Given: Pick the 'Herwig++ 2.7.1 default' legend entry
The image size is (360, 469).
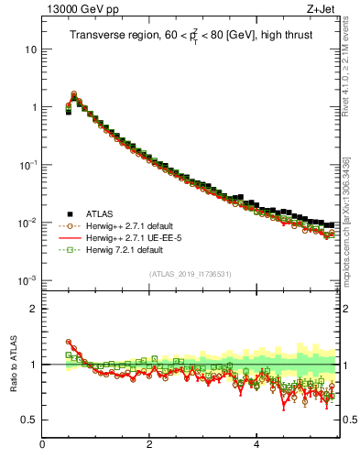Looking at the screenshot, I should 129,225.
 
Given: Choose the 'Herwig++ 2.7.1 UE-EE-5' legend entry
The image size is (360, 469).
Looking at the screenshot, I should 131,237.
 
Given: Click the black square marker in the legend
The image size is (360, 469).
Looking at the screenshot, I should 69,213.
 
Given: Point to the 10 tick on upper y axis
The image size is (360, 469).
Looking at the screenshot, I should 31,49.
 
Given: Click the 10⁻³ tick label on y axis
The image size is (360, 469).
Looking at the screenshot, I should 27,280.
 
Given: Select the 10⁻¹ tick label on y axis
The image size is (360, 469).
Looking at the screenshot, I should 27,165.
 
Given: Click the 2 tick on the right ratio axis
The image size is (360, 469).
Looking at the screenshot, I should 346,309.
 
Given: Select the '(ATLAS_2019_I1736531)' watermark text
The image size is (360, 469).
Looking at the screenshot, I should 190,274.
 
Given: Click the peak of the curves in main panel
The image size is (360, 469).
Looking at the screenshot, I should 74,93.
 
